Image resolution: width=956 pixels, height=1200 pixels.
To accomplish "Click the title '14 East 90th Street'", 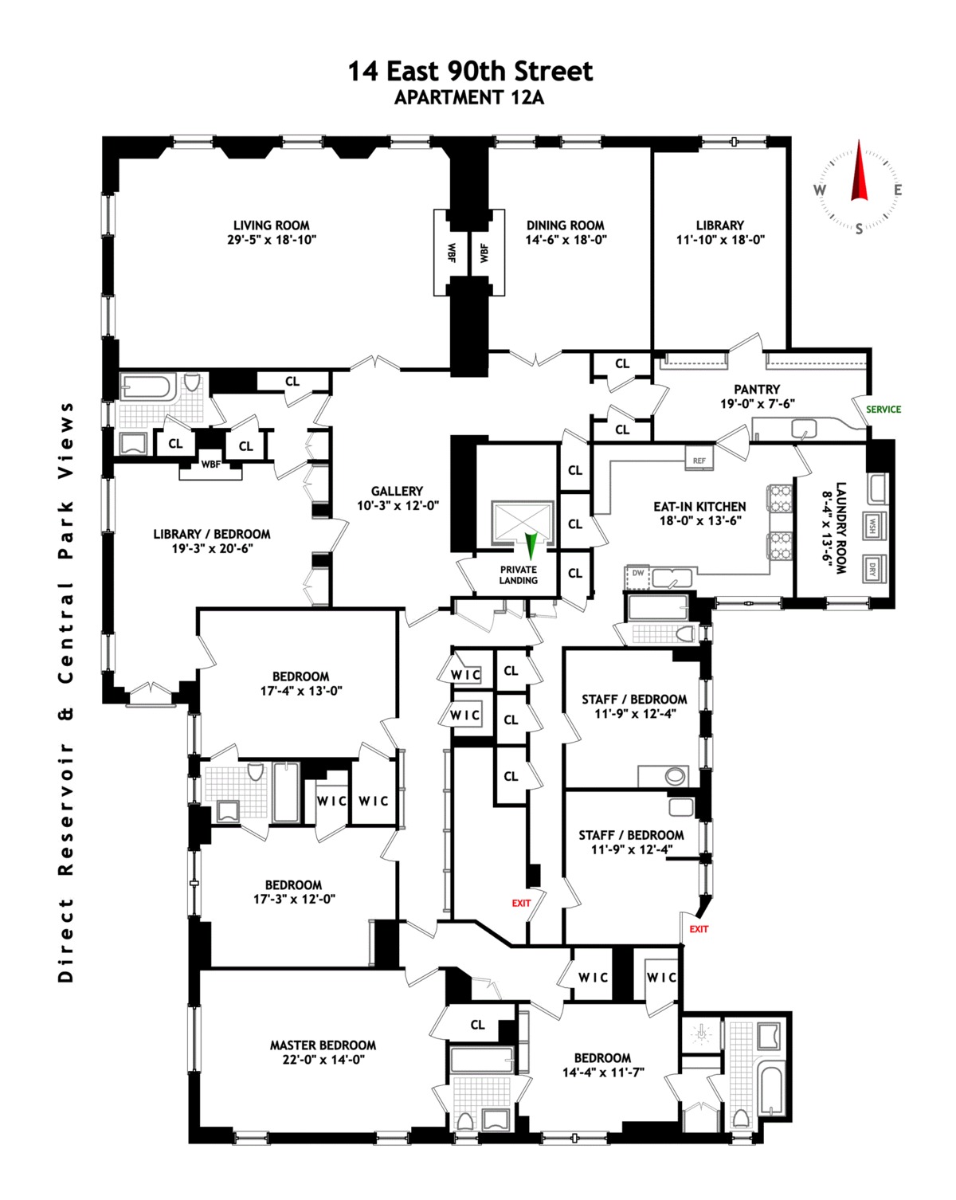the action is tap(470, 72).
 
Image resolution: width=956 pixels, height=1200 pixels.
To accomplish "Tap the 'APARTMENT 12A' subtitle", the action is tap(469, 98).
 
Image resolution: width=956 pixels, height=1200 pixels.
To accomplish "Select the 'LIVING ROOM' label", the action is tap(271, 225).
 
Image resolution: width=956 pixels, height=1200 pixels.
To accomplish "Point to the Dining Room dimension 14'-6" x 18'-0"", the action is tap(566, 240).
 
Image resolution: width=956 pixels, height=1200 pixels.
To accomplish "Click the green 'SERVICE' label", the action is tap(884, 410).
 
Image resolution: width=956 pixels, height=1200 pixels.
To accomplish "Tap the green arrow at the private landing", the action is tap(531, 546).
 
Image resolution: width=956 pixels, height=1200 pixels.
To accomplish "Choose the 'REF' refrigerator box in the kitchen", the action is tap(699, 460).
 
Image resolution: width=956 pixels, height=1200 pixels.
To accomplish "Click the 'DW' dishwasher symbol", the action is tap(638, 573).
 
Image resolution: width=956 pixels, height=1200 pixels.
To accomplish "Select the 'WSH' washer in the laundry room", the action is tap(872, 526).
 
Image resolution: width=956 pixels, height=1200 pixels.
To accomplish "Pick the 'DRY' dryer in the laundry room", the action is tap(872, 570).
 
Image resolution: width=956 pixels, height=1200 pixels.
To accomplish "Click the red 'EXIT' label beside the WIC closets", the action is tap(521, 903).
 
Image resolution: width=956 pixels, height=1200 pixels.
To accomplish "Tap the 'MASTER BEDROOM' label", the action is tap(323, 1045).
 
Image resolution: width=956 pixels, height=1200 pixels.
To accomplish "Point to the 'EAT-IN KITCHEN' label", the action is tap(699, 507).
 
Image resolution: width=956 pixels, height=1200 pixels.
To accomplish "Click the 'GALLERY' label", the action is tap(397, 492).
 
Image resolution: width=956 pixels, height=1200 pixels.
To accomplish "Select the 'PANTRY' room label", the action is tap(757, 390).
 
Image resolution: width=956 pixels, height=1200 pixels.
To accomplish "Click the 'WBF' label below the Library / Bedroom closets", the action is tap(210, 465).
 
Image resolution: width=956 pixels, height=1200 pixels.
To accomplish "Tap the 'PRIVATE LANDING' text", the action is tap(519, 575).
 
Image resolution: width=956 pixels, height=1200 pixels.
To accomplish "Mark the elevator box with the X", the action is tap(522, 521).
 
